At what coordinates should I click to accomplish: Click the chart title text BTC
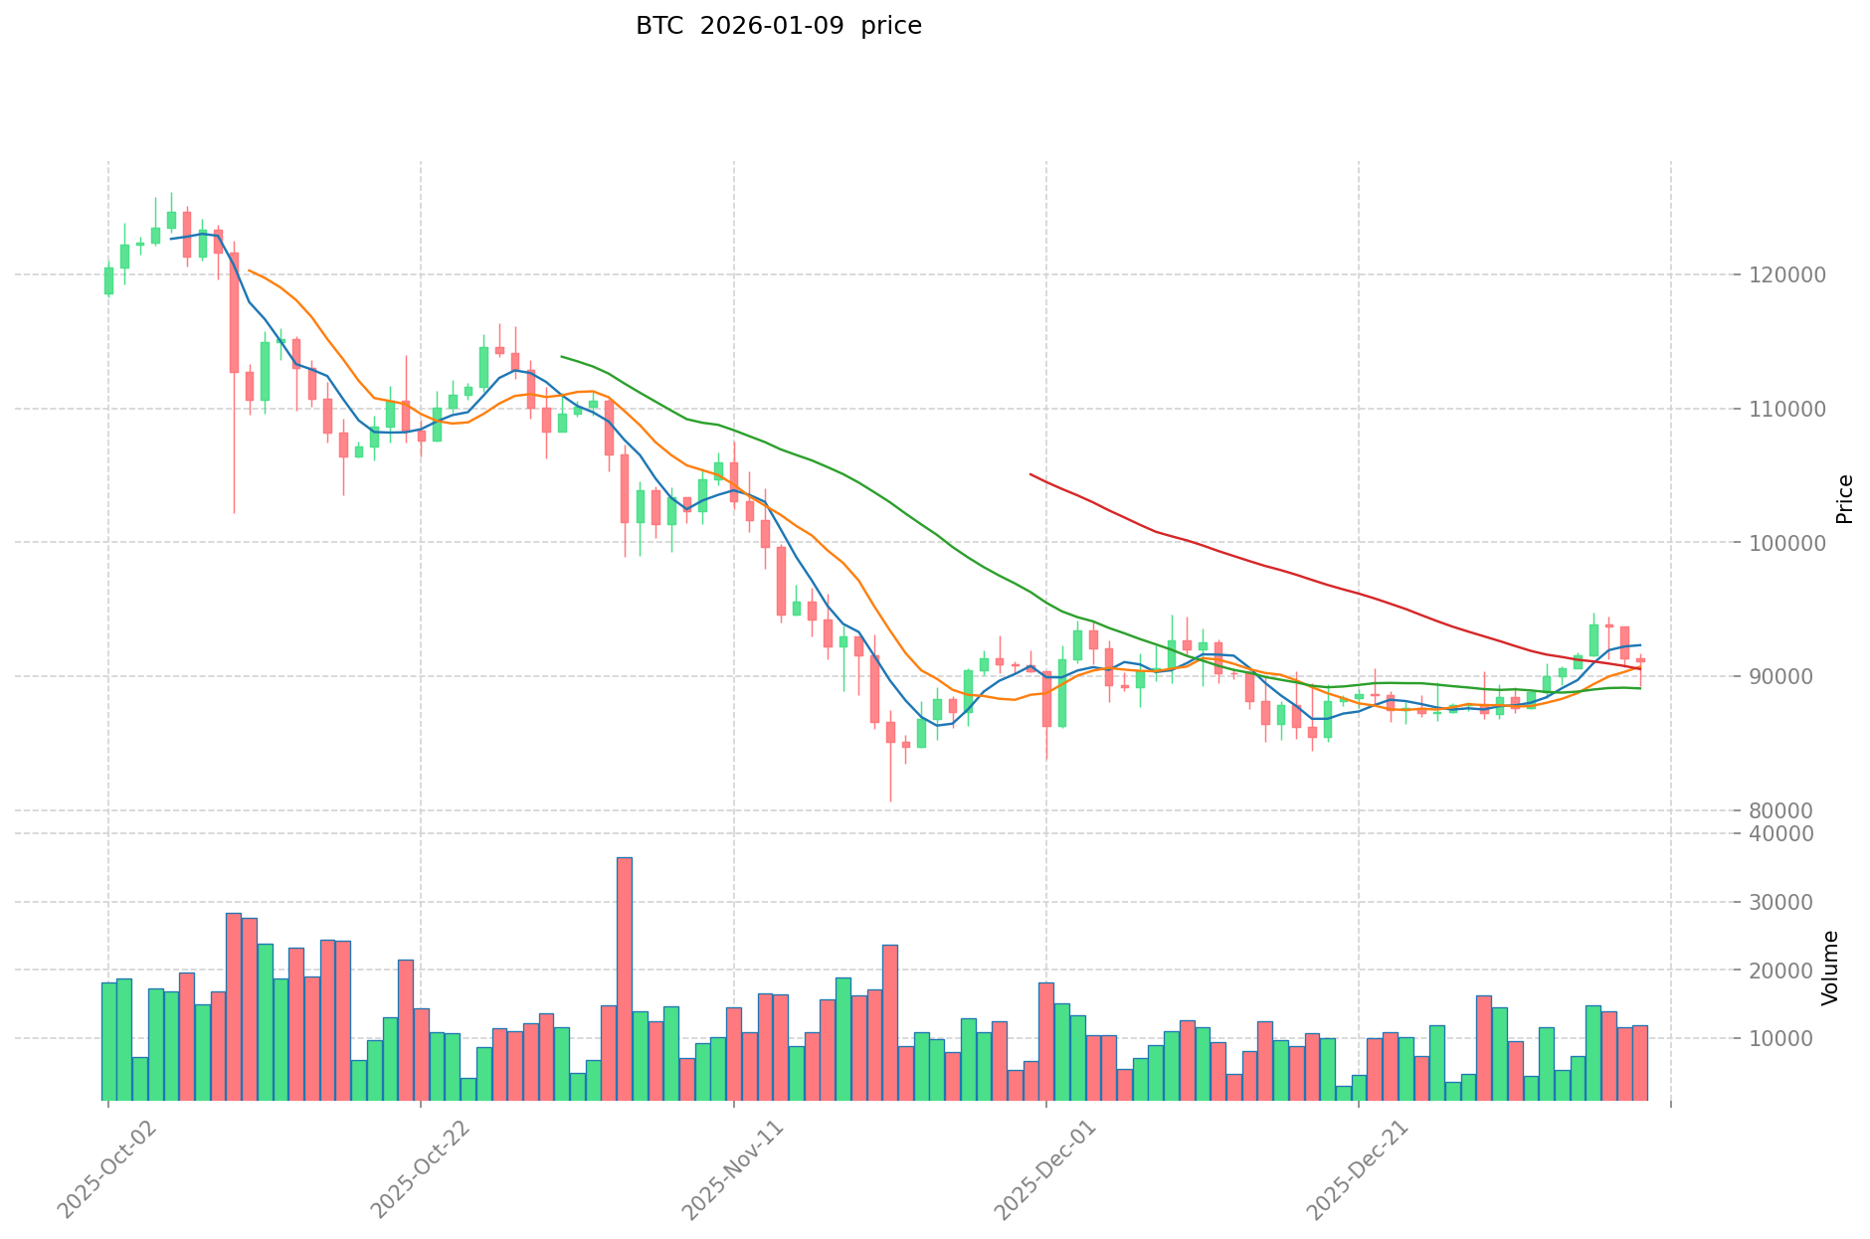660,26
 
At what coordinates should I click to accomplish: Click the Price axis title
1844,499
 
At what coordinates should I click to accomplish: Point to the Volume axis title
1830,968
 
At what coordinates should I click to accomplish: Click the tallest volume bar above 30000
624,978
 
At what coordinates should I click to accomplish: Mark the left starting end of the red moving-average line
1030,474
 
